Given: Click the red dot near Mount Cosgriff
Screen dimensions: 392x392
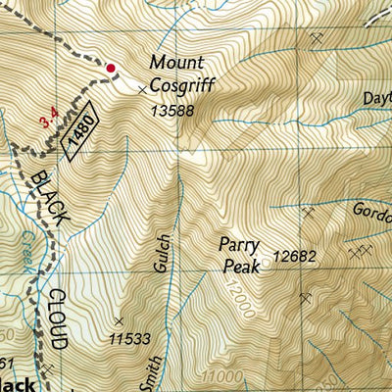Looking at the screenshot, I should [x=111, y=69].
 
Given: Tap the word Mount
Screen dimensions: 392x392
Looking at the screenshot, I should [x=173, y=63].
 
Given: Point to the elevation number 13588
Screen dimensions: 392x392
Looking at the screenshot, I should [x=174, y=111].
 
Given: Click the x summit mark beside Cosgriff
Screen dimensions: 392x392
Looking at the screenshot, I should [x=142, y=89].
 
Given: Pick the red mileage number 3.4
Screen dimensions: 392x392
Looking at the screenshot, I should [x=46, y=122].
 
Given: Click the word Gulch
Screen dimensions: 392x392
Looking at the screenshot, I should [x=164, y=252].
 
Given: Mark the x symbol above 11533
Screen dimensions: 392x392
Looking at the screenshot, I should [x=119, y=320].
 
